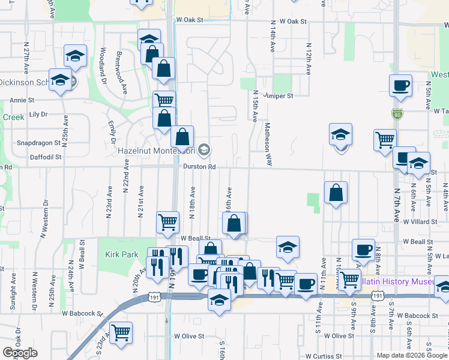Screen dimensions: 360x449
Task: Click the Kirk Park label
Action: point(122,254)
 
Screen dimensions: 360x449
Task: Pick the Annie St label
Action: point(22,100)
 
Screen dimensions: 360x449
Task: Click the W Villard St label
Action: point(418,221)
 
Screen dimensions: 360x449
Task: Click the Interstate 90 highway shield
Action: point(397,113)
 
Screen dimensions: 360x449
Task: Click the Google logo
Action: point(20,353)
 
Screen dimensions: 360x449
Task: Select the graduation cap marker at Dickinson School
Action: point(61,80)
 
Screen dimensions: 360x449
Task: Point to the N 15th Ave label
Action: point(255,107)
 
